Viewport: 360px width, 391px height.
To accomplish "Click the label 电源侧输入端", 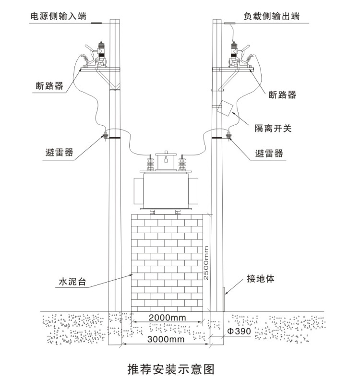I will (58, 16).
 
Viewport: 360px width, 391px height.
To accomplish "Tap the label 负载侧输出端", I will (271, 16).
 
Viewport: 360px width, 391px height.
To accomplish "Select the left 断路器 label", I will (50, 86).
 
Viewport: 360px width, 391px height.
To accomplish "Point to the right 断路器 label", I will (282, 95).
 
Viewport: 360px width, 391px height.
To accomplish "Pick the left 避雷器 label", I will (57, 152).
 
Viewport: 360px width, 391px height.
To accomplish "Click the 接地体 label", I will (261, 279).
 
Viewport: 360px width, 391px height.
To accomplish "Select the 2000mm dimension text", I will (167, 318).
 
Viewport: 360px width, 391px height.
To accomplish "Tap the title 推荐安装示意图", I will (170, 369).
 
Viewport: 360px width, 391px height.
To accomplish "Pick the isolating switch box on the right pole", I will (225, 108).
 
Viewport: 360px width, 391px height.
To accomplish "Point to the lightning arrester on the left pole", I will (104, 135).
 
